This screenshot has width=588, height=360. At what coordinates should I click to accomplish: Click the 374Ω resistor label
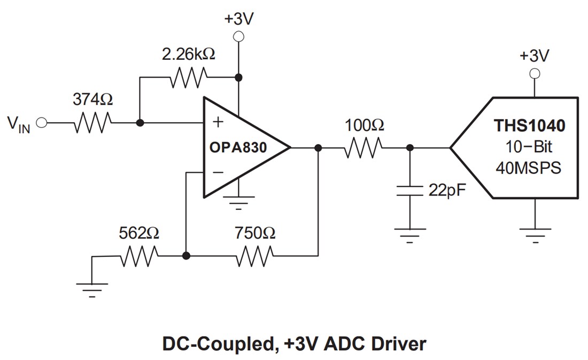click(92, 99)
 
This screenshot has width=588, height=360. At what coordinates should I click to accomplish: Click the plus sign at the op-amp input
click(218, 122)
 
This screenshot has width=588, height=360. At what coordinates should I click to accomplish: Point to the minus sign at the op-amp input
click(218, 172)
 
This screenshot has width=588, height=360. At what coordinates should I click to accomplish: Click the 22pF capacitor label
click(444, 190)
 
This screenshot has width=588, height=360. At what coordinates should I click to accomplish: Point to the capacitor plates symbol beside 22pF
click(409, 191)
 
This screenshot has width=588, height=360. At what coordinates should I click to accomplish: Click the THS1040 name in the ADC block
click(529, 127)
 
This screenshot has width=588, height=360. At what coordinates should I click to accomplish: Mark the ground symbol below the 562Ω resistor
click(92, 288)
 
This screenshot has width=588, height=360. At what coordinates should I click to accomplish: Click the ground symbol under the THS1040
click(535, 233)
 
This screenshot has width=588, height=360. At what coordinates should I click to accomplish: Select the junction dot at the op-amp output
click(318, 147)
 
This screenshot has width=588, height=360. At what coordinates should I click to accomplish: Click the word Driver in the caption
click(395, 343)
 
